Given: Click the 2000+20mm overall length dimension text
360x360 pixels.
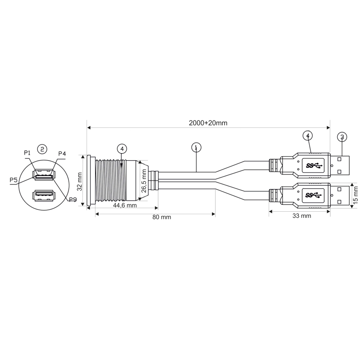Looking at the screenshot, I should (x=208, y=123).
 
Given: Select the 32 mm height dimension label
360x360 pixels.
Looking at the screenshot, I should (x=80, y=181).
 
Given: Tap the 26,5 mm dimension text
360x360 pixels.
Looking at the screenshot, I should (x=144, y=182).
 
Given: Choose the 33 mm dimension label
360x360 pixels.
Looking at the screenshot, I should (x=301, y=216).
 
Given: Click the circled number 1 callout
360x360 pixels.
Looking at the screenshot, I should (x=196, y=148).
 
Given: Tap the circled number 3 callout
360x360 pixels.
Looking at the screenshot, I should (x=342, y=137).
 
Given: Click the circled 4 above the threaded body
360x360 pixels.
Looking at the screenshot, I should (x=122, y=149).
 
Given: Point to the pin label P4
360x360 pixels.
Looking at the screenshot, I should (x=62, y=154).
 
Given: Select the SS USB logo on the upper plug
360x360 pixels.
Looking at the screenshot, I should (x=314, y=166).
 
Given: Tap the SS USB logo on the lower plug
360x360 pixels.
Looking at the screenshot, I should (x=314, y=195).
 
